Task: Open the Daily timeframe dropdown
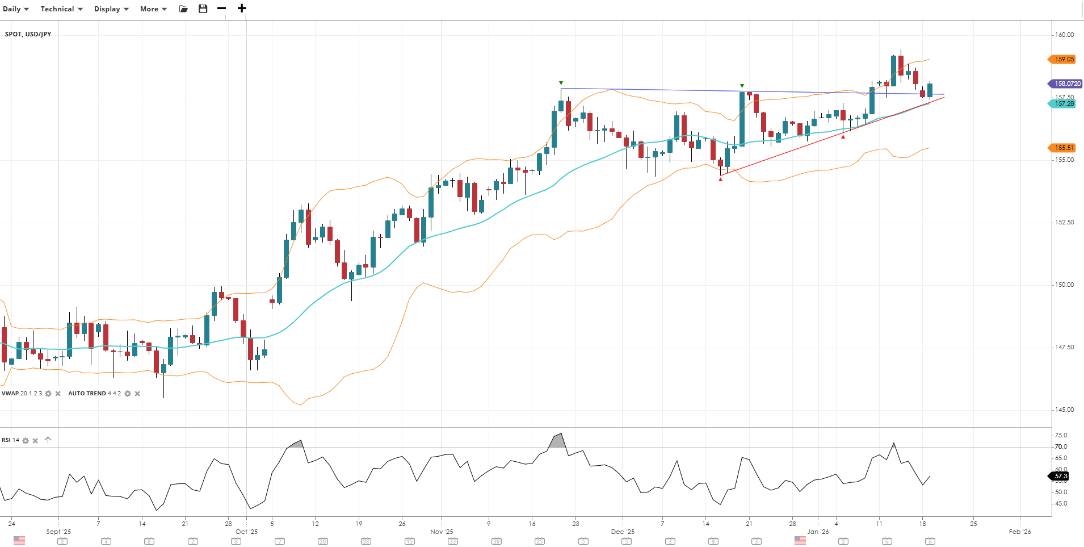[15, 9]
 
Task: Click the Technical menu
[61, 9]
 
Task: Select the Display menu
[111, 9]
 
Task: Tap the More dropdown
[153, 9]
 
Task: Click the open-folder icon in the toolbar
[183, 9]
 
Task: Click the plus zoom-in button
[242, 9]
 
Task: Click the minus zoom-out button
[222, 9]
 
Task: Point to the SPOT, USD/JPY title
[28, 34]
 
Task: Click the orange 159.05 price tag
[1063, 59]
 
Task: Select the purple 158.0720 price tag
[1066, 83]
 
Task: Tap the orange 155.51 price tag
[1063, 148]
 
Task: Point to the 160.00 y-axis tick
[1064, 35]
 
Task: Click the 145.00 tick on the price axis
[1064, 410]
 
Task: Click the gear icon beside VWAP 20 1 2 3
[48, 394]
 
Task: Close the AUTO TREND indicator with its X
[137, 394]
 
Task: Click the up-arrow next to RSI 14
[48, 440]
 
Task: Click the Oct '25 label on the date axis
[246, 532]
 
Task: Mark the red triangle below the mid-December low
[721, 179]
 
